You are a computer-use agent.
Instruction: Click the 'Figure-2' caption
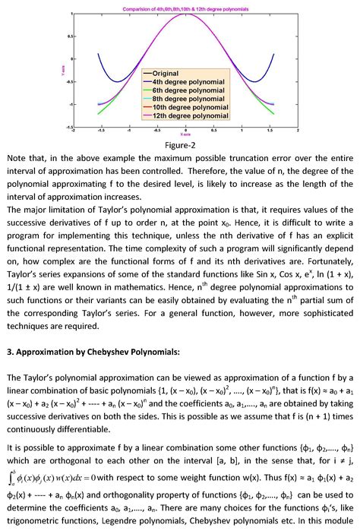click(180, 144)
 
